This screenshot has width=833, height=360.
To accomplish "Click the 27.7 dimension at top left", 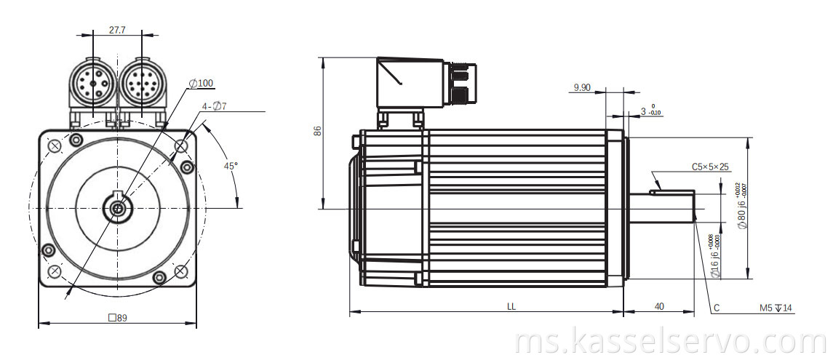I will (x=117, y=30).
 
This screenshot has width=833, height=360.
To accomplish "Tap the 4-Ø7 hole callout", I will (x=215, y=106).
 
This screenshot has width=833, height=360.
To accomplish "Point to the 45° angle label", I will (x=230, y=166).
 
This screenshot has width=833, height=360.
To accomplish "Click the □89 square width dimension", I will (x=117, y=317).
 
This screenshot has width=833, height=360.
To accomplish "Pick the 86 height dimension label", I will (x=316, y=132).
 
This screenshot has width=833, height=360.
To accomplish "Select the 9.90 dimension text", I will (x=582, y=87).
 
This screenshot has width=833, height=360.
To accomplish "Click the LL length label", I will (x=511, y=307).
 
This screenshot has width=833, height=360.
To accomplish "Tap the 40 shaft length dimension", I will (x=659, y=307).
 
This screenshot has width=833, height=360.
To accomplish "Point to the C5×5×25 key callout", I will (x=710, y=167).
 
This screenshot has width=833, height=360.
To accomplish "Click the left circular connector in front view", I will (x=92, y=84).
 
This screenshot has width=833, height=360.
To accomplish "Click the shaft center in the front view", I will (x=117, y=209).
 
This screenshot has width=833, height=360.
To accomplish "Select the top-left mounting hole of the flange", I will (x=54, y=145).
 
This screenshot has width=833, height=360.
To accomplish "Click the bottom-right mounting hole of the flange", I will (x=180, y=272).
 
